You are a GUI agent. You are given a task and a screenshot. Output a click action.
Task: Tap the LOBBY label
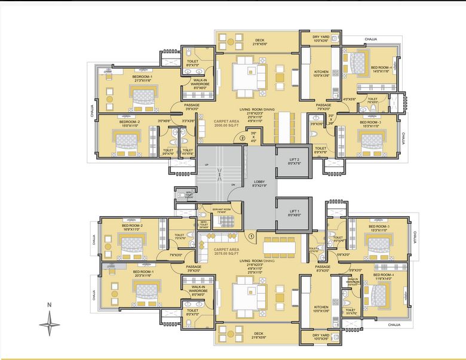point(259,183)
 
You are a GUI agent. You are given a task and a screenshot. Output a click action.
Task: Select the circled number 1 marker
point(252,235)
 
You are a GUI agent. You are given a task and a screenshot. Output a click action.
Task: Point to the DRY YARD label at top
point(321,38)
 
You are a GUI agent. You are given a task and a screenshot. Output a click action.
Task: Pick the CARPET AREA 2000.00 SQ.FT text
point(226,122)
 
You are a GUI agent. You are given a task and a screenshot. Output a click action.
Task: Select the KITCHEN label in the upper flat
point(321,73)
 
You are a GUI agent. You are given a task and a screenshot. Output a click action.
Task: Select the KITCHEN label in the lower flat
point(321,309)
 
